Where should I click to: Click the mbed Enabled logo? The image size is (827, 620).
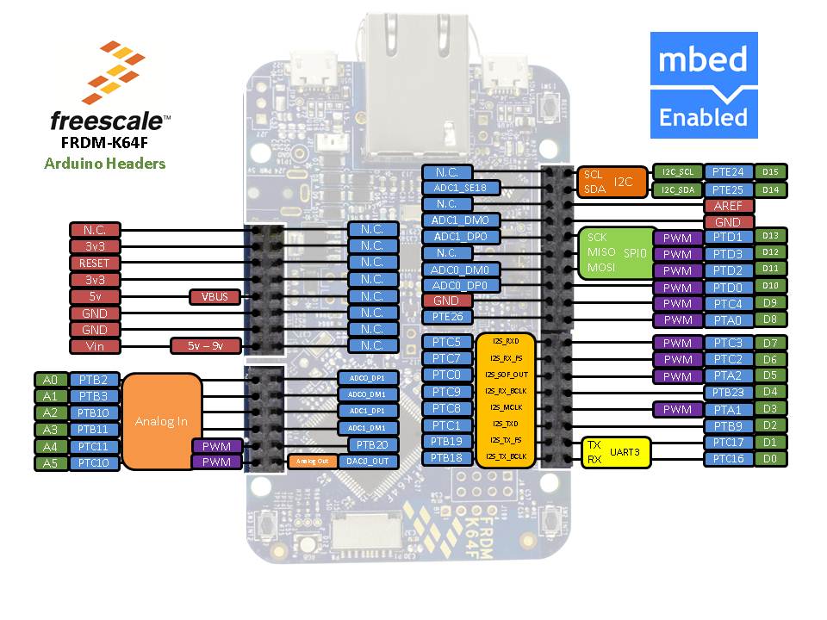tap(704, 84)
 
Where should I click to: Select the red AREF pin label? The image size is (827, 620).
tap(728, 206)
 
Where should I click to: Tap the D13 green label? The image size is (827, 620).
tap(770, 235)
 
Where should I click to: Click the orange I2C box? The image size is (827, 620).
tap(610, 181)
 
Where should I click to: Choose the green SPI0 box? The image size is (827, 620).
tap(612, 253)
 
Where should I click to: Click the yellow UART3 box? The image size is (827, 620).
tap(616, 451)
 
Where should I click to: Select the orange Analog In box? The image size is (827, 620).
tap(161, 422)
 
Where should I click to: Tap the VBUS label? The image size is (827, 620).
tap(215, 297)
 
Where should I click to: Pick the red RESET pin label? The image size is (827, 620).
tap(95, 263)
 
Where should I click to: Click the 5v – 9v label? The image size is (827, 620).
tap(206, 346)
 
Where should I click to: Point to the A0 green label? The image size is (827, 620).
tap(49, 379)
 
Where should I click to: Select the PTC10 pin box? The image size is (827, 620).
tap(94, 462)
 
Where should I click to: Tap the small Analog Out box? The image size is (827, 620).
tap(312, 461)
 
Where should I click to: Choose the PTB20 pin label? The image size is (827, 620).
tap(373, 444)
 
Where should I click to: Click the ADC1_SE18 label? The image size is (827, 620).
tap(460, 188)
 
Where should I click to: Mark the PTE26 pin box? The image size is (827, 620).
tap(447, 317)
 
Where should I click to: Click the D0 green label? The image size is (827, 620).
tap(770, 458)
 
